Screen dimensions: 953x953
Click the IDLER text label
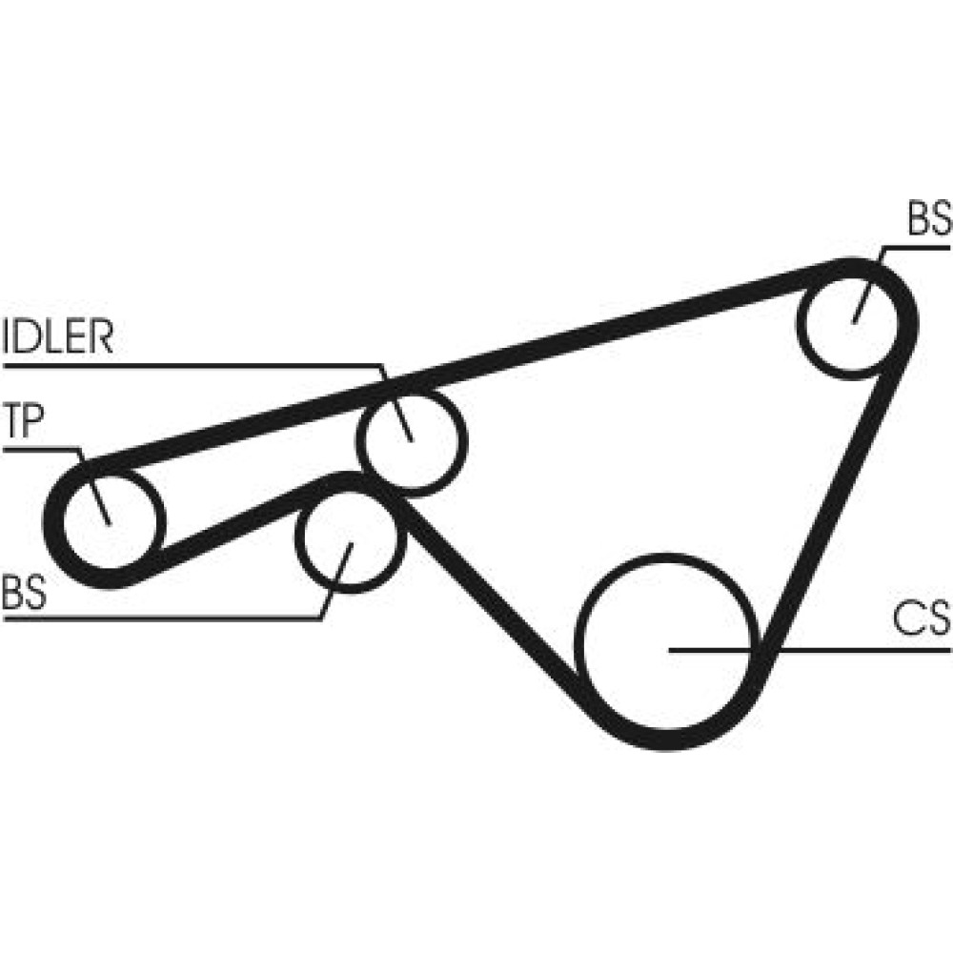tap(59, 337)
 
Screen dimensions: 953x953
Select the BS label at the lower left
tap(25, 592)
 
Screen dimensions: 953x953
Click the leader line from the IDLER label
tap(191, 363)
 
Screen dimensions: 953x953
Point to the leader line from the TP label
tap(43, 447)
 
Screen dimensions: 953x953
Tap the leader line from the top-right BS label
tap(915, 247)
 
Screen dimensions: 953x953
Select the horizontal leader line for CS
tap(810, 649)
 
